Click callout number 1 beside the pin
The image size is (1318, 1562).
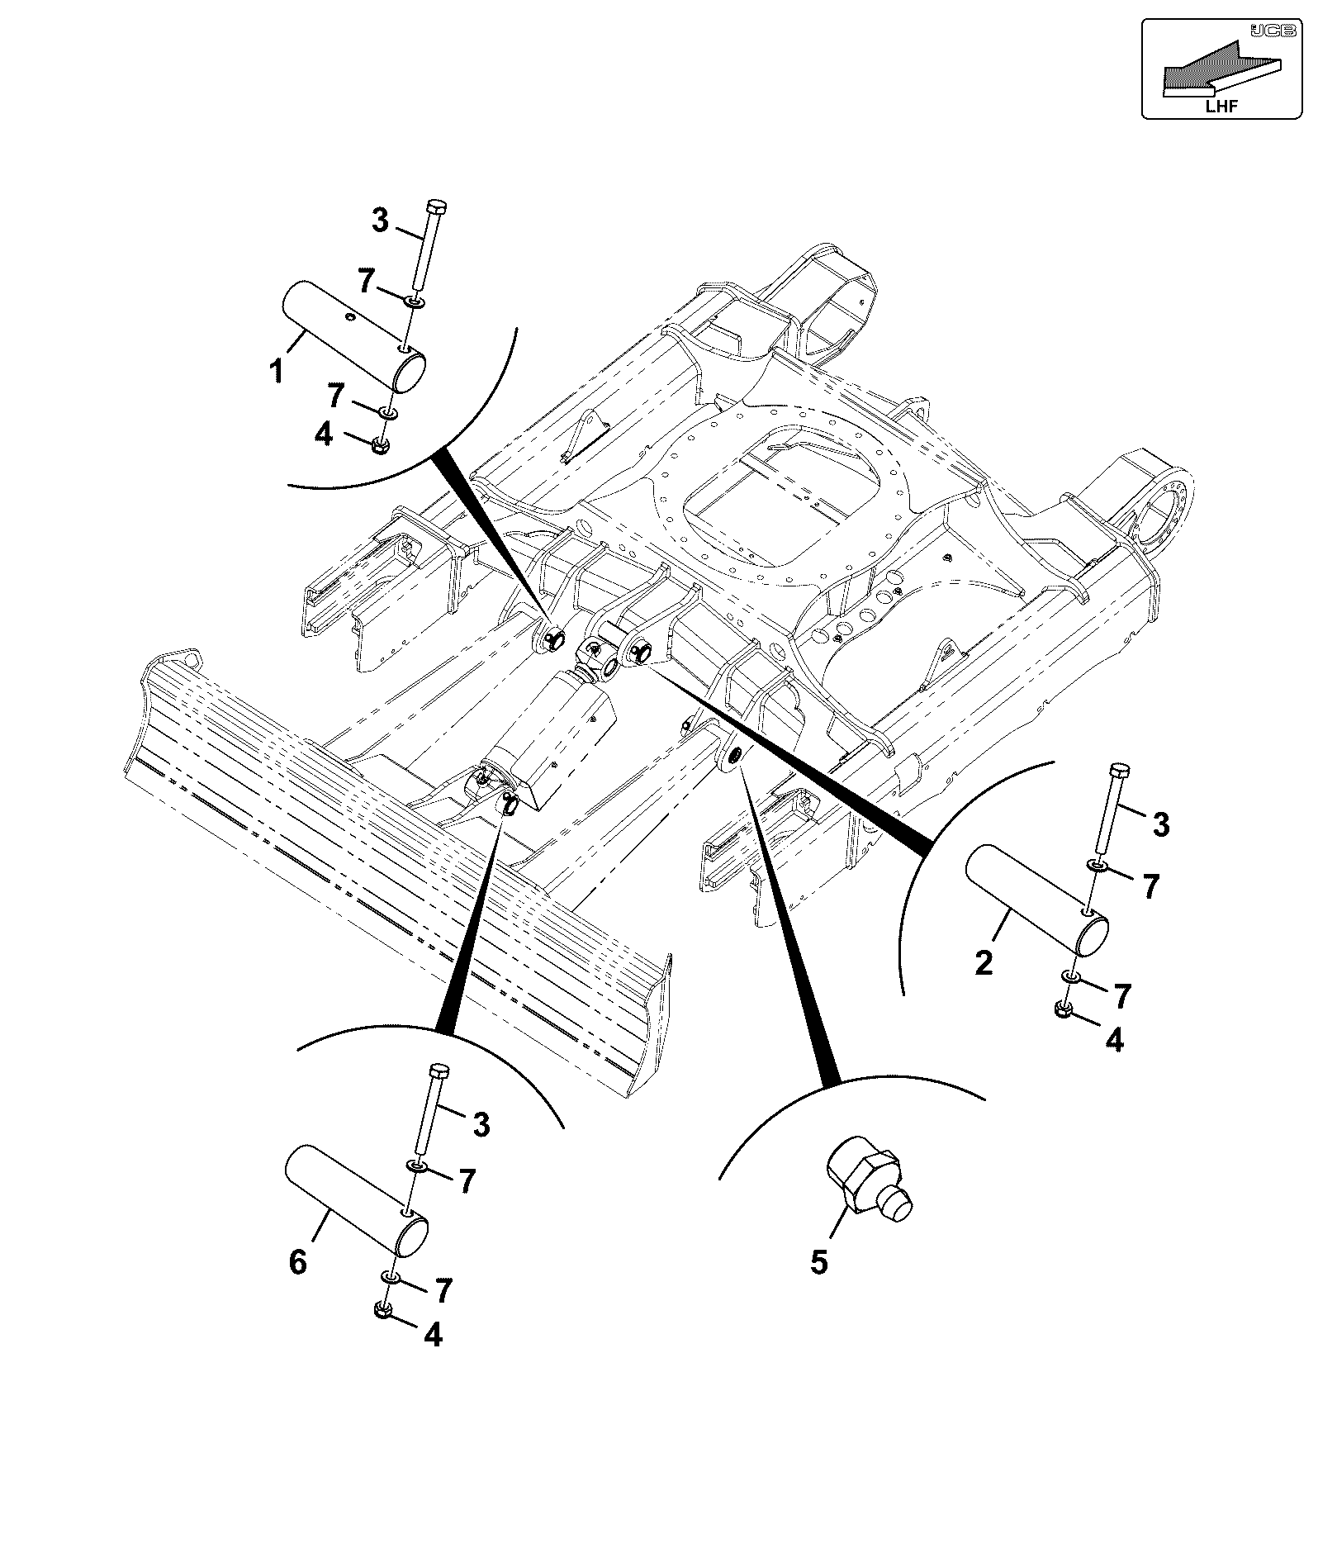(x=277, y=371)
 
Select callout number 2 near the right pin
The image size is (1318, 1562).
(x=984, y=963)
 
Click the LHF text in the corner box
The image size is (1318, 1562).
(x=1221, y=105)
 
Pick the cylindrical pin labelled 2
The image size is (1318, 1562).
(x=1038, y=900)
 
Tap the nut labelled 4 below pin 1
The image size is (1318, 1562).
(x=380, y=444)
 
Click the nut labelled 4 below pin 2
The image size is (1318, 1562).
(x=1064, y=1009)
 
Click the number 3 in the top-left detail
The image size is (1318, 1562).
(x=380, y=221)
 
